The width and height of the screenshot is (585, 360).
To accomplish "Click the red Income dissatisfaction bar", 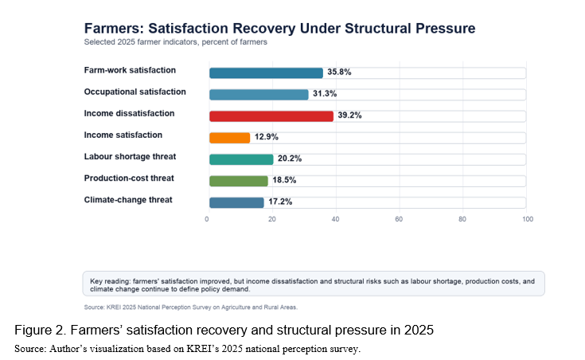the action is pyautogui.click(x=271, y=116).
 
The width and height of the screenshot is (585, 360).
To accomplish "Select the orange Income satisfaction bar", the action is pyautogui.click(x=229, y=138).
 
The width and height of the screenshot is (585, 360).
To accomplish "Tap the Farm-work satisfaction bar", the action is pyautogui.click(x=266, y=72).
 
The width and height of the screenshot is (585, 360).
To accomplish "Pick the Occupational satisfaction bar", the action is pyautogui.click(x=259, y=95).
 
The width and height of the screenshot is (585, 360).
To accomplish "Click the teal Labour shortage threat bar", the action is pyautogui.click(x=241, y=159).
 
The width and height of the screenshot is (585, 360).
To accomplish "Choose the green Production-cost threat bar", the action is pyautogui.click(x=239, y=181).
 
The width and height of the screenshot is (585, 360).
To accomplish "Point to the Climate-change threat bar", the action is pyautogui.click(x=236, y=203).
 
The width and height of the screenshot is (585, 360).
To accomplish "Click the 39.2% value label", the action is pyautogui.click(x=349, y=115).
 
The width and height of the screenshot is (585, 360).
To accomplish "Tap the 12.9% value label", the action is pyautogui.click(x=267, y=137).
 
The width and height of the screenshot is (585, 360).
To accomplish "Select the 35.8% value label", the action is pyautogui.click(x=339, y=72).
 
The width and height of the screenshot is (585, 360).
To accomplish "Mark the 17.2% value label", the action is pyautogui.click(x=280, y=202).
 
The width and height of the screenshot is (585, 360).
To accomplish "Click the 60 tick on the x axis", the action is pyautogui.click(x=399, y=219).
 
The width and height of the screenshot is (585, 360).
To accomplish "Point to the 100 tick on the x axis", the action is pyautogui.click(x=528, y=219).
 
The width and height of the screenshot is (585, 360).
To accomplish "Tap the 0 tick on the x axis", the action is pyautogui.click(x=207, y=219).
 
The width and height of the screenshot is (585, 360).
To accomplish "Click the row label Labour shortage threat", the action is pyautogui.click(x=130, y=156).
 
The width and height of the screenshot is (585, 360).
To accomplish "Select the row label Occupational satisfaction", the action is pyautogui.click(x=135, y=92).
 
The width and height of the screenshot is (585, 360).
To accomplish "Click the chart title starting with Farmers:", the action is pyautogui.click(x=279, y=29).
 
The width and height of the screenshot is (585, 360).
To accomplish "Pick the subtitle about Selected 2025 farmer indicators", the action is pyautogui.click(x=175, y=42).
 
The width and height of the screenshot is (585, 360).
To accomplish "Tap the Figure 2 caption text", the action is pyautogui.click(x=224, y=330).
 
